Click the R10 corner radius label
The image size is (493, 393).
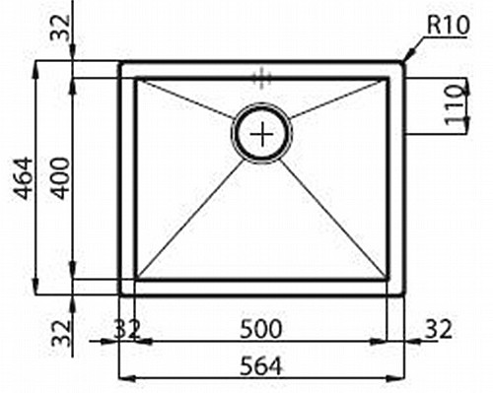point(449,25)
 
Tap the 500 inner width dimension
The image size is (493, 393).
point(260,329)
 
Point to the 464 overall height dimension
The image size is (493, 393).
point(25,179)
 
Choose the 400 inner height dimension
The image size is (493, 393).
point(61,178)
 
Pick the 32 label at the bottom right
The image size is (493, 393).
point(439,329)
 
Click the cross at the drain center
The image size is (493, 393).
point(262,134)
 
